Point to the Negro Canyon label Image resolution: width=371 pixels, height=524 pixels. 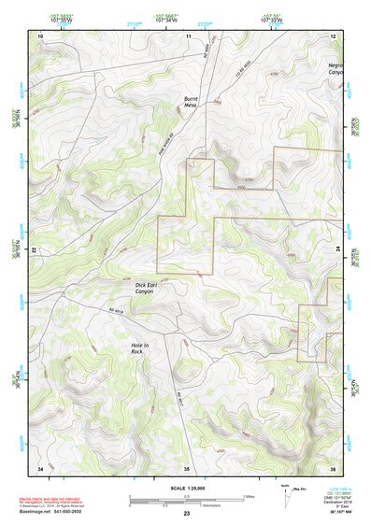[x=335, y=68]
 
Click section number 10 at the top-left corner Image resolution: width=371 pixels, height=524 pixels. [x=40, y=35]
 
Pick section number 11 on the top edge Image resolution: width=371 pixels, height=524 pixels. [x=188, y=35]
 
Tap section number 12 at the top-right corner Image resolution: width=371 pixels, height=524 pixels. [x=333, y=35]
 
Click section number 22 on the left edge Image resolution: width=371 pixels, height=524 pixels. [x=36, y=251]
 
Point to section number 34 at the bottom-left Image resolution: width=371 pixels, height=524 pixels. [x=40, y=467]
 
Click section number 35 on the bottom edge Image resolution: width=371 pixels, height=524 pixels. [x=186, y=467]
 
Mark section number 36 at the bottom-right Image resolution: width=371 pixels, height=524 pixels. [x=333, y=467]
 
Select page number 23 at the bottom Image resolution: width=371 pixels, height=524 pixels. [x=186, y=515]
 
